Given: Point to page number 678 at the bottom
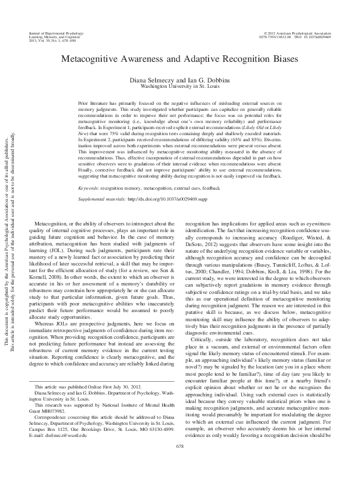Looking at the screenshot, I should pyautogui.click(x=179, y=464).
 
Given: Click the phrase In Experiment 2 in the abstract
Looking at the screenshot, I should pyautogui.click(x=96, y=139).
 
